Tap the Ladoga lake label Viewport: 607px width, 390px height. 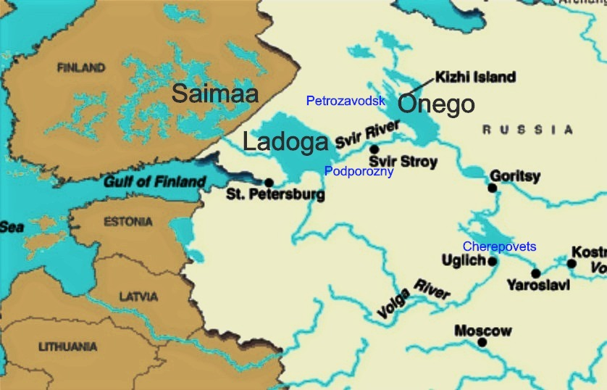pos(285,142)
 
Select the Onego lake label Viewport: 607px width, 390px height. pos(437,105)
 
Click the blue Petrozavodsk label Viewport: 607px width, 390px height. pos(346,101)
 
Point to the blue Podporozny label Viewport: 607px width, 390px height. pos(359,172)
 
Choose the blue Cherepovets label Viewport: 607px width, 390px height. pos(500,246)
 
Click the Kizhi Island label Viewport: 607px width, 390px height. pos(474,77)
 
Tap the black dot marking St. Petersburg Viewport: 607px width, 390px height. pos(269,183)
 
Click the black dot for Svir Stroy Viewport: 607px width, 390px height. pos(374,149)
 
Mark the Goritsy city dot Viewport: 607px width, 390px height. pos(492,188)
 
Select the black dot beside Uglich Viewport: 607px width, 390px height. pos(493,261)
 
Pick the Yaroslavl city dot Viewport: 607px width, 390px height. pos(535,273)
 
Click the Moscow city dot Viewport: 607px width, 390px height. pos(482,343)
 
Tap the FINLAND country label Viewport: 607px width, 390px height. pos(80,68)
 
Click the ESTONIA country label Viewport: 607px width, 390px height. pos(128,222)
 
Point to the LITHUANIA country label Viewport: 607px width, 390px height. pos(67,347)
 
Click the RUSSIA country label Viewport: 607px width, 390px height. pos(527,130)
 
